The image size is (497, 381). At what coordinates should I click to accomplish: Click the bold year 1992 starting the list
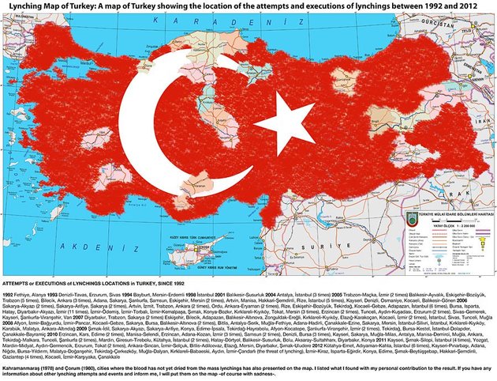9,292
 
